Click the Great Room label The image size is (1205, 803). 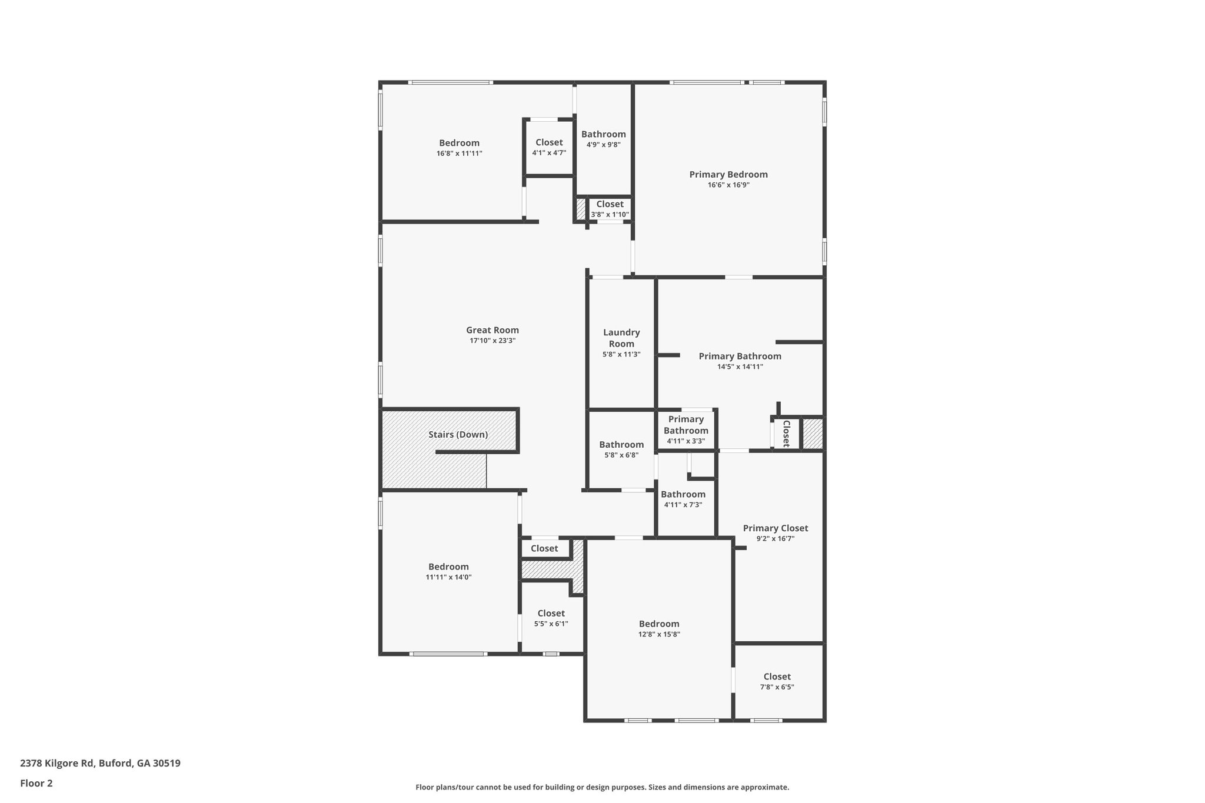[x=492, y=330]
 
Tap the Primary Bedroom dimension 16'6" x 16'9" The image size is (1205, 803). [x=728, y=185]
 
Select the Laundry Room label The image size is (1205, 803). [x=621, y=338]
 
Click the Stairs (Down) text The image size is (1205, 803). [x=458, y=435]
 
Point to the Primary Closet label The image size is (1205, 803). [x=775, y=528]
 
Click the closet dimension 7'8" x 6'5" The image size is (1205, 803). [x=777, y=687]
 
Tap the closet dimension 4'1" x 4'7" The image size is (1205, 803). [x=549, y=153]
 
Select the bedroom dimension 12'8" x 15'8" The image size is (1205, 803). [x=659, y=634]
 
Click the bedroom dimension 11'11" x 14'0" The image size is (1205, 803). [x=448, y=577]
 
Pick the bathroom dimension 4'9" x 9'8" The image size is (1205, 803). [x=603, y=145]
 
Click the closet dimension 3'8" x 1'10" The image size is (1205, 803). [x=610, y=215]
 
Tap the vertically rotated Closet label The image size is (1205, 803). [x=785, y=434]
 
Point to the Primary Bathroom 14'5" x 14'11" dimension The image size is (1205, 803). [x=740, y=366]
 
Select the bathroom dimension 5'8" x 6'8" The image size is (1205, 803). [x=621, y=455]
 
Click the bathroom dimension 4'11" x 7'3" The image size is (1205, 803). [x=683, y=505]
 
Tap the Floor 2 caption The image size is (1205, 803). [x=36, y=783]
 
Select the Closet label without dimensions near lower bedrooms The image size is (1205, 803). [x=544, y=549]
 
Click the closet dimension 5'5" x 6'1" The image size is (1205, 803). [x=551, y=624]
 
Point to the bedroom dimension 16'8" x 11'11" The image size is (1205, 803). [x=459, y=154]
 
